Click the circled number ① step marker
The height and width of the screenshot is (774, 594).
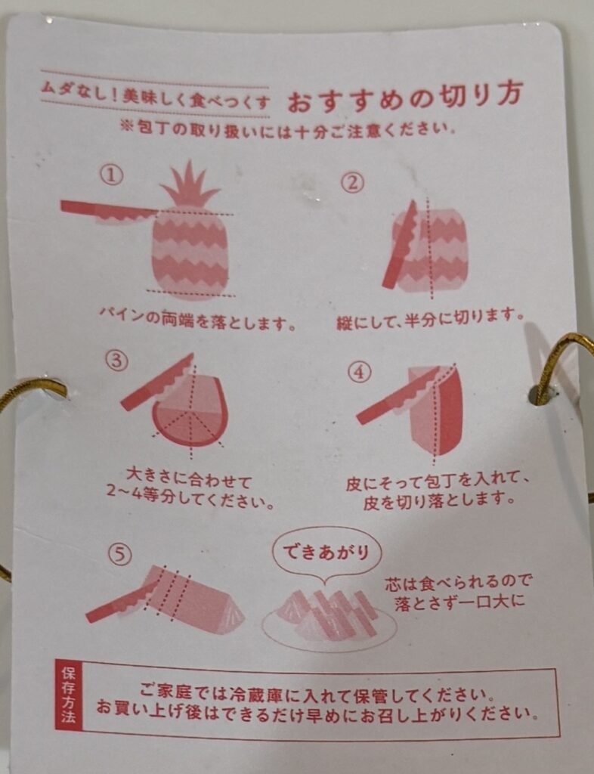pyautogui.click(x=112, y=176)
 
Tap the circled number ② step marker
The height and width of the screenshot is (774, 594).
pyautogui.click(x=352, y=182)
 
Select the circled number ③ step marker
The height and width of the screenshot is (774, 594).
pyautogui.click(x=115, y=361)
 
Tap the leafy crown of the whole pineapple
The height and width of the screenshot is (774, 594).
pyautogui.click(x=189, y=186)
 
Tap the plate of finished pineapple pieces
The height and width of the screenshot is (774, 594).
pyautogui.click(x=329, y=616)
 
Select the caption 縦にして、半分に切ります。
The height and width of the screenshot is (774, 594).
pyautogui.click(x=430, y=314)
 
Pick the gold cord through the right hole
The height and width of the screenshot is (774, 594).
pyautogui.click(x=563, y=363)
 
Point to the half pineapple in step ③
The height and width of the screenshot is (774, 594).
pyautogui.click(x=190, y=412)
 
